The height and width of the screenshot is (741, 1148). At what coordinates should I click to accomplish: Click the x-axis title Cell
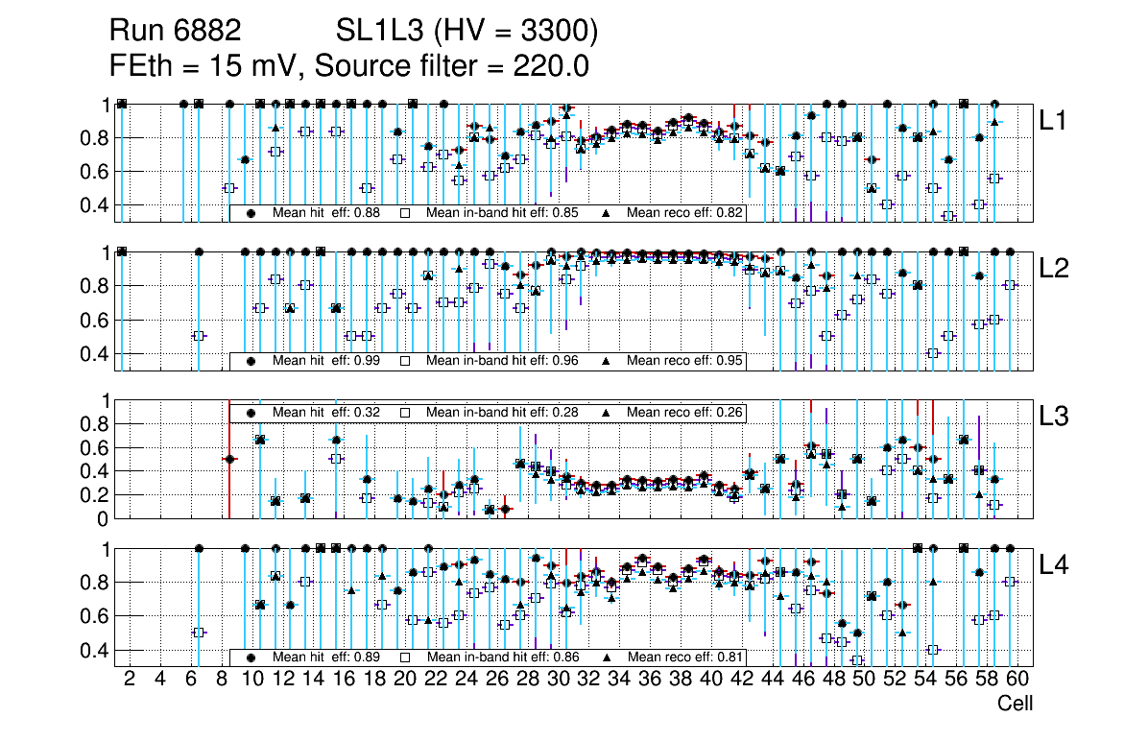tap(1015, 704)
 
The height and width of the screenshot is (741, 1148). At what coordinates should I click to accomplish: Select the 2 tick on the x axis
tap(130, 680)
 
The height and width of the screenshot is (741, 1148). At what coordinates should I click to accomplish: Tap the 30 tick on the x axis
tap(558, 680)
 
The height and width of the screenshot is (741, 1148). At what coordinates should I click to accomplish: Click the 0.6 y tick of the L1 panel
tap(95, 172)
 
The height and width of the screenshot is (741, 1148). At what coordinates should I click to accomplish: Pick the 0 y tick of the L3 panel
tap(103, 519)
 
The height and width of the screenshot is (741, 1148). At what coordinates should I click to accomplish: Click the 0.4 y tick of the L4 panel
tap(95, 650)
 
